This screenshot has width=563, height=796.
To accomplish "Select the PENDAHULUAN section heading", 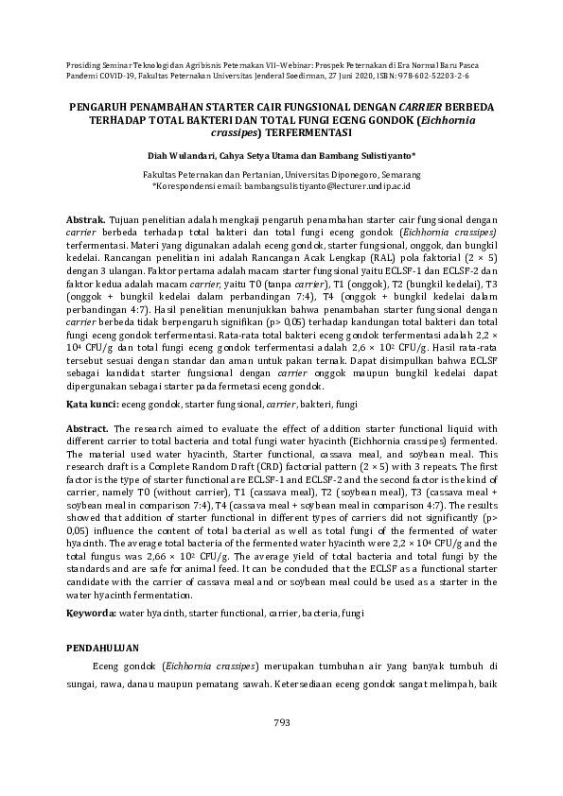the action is pos(102,649).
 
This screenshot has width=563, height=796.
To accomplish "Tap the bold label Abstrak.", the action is pos(86,217).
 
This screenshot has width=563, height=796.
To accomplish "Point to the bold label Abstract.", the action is pos(87,428).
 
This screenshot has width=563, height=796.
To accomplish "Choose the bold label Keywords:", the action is pos(91,614).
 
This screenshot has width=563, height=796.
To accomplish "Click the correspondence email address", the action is pos(326,188).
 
